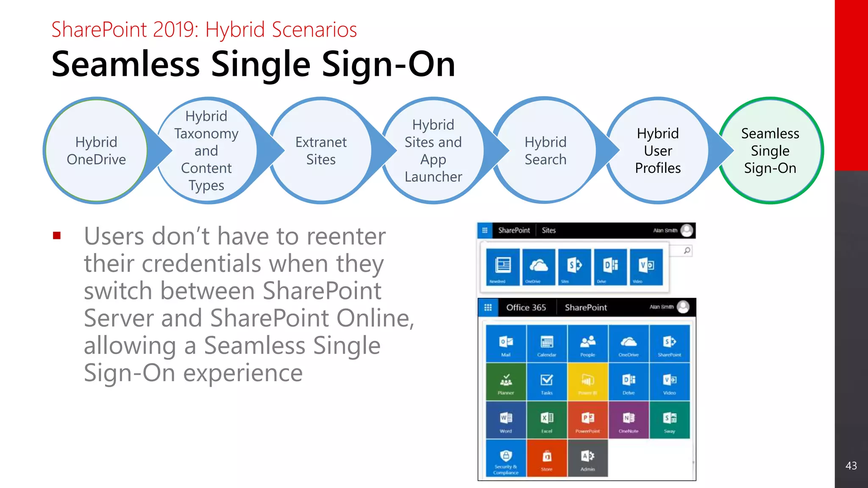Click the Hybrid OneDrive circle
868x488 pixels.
[x=96, y=150]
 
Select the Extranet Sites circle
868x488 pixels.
[x=321, y=150]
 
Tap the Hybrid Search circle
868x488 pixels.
[x=545, y=150]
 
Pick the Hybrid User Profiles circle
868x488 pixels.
[x=657, y=150]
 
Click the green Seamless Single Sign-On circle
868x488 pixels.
[x=770, y=150]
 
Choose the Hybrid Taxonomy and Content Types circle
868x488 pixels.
[x=206, y=150]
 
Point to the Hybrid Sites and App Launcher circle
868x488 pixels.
[x=433, y=150]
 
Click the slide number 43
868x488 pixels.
[x=851, y=466]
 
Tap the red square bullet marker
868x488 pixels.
[x=57, y=236]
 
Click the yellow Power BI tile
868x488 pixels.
[x=587, y=382]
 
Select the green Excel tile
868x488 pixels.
[x=547, y=420]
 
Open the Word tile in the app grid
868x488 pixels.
[x=506, y=420]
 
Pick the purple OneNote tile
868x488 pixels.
[x=629, y=420]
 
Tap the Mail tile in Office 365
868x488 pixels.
[x=506, y=344]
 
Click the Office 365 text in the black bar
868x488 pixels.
[x=526, y=308]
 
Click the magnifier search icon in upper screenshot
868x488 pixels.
[x=687, y=250]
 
